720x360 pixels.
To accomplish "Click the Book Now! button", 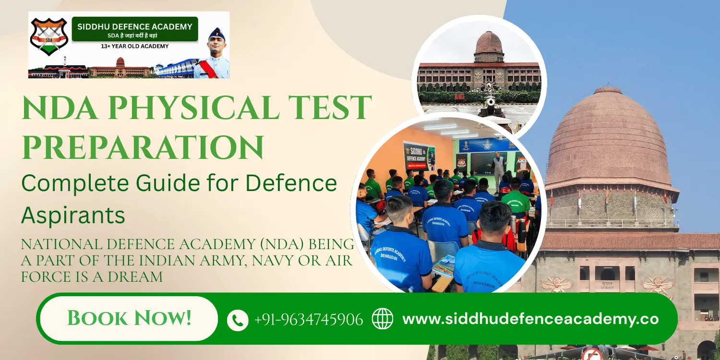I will tap(129, 318).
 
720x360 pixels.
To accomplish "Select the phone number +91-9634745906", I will tap(308, 319).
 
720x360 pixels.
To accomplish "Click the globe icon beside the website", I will tap(383, 319).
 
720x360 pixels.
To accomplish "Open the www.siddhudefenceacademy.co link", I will tap(530, 319).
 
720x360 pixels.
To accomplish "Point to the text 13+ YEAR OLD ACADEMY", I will tap(134, 46).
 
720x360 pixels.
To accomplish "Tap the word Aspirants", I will tap(73, 216).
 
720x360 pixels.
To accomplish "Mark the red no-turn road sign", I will tap(592, 354).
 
